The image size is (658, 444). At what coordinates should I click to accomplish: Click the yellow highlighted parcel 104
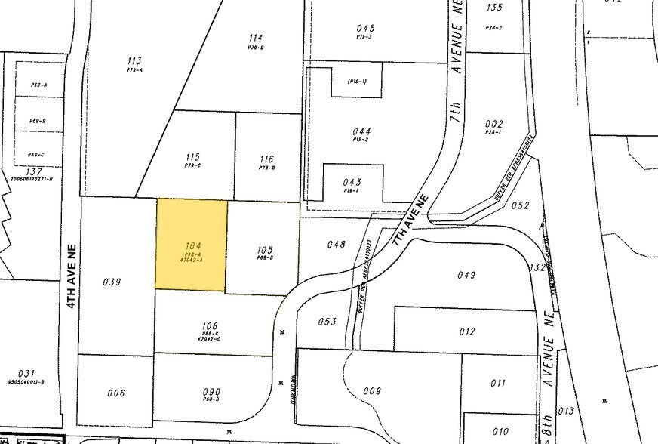click(x=191, y=244)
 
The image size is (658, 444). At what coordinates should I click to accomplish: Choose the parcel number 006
click(x=115, y=393)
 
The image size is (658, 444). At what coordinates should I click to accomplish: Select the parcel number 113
click(x=135, y=61)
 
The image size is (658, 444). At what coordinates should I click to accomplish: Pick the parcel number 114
click(x=255, y=38)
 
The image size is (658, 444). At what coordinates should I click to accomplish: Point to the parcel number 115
click(x=193, y=157)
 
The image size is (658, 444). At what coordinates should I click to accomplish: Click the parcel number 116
click(x=266, y=159)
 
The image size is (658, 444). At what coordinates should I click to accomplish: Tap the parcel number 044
click(x=361, y=131)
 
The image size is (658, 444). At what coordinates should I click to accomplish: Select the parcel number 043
click(x=352, y=182)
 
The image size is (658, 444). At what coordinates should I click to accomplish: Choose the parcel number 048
click(x=337, y=245)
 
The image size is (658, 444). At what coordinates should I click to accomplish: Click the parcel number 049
click(x=466, y=275)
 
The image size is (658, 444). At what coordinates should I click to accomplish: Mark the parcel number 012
click(x=467, y=331)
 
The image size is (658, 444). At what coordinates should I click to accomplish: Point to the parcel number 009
click(x=372, y=391)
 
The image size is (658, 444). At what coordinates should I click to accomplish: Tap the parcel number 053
click(x=327, y=322)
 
